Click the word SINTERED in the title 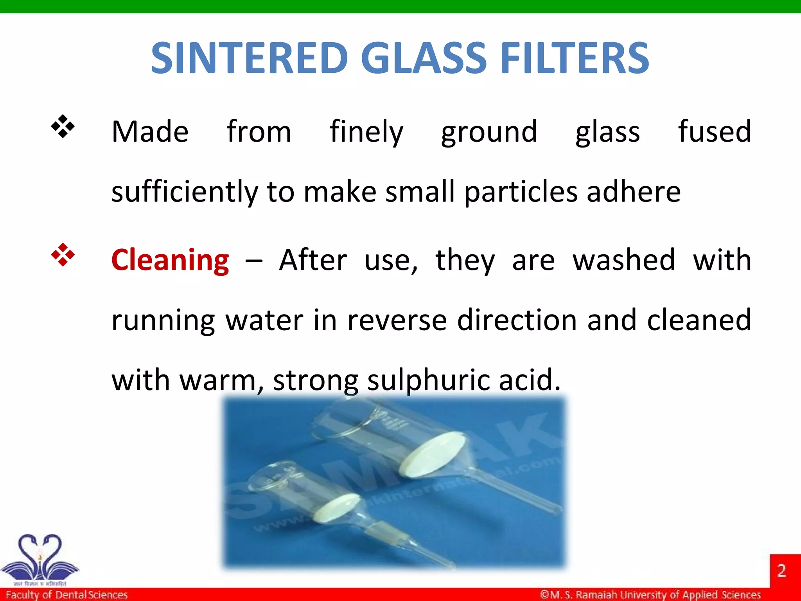pyautogui.click(x=249, y=58)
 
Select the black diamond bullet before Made pyautogui.click(x=63, y=126)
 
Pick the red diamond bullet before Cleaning pyautogui.click(x=63, y=255)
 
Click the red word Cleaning pyautogui.click(x=170, y=260)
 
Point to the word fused pyautogui.click(x=714, y=132)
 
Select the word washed pyautogui.click(x=624, y=260)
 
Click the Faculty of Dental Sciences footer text pyautogui.click(x=67, y=595)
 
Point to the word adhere pyautogui.click(x=634, y=192)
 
